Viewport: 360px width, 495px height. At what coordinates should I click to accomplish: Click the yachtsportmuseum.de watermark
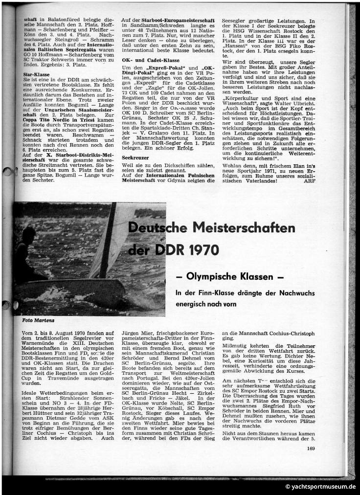click(321, 487)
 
